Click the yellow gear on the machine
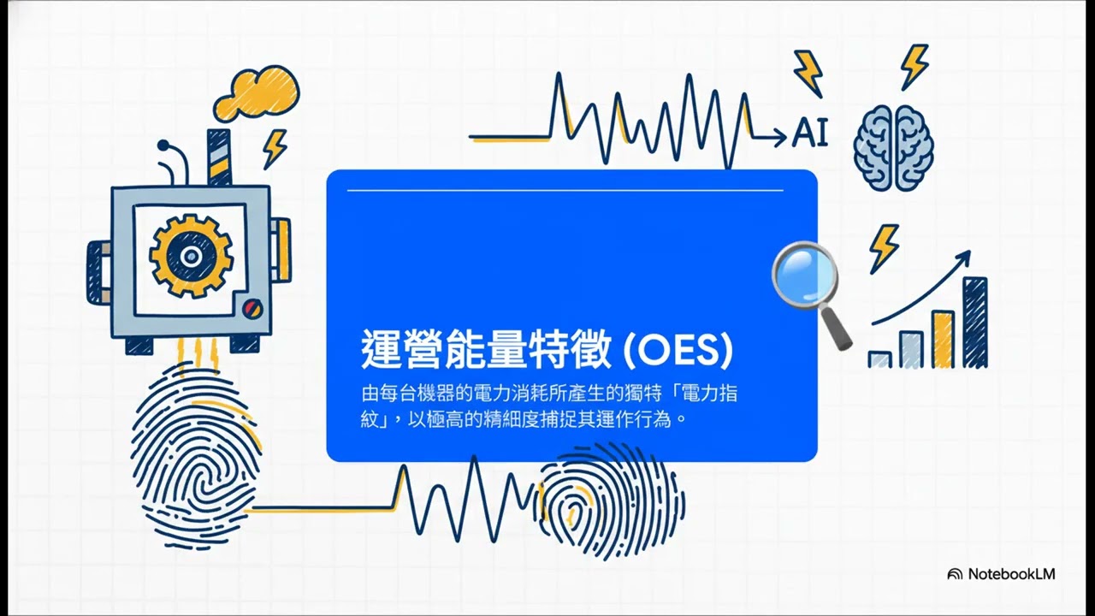coord(191,255)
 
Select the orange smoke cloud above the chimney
coord(256,93)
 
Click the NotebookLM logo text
coord(1011,574)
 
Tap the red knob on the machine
coord(250,307)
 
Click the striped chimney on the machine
coord(219,157)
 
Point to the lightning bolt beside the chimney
coord(275,149)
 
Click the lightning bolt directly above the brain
coord(914,66)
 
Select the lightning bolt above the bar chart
coord(883,247)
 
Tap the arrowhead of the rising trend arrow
coord(965,256)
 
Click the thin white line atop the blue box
coord(565,190)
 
